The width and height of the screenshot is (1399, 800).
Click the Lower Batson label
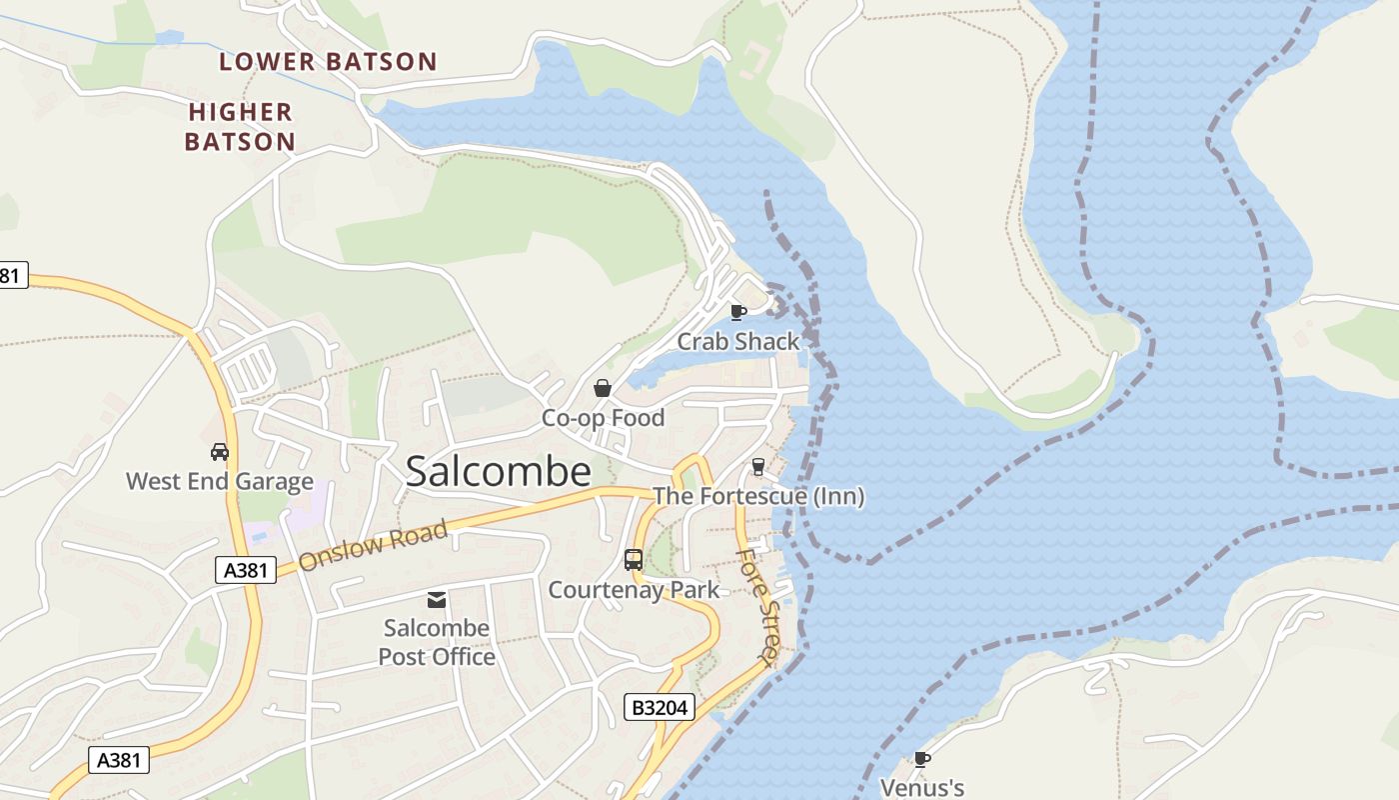328,62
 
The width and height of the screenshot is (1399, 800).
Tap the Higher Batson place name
240,127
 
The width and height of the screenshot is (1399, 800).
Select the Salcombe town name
498,472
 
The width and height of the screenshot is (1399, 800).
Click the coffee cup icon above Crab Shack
738,313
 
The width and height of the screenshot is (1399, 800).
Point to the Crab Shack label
738,342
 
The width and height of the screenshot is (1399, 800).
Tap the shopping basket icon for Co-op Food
603,388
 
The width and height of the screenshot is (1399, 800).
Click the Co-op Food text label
603,418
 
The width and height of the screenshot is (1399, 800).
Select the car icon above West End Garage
220,452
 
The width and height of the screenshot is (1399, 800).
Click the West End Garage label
220,482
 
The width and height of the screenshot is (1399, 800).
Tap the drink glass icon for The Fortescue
757,467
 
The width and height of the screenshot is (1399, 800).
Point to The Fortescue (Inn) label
758,496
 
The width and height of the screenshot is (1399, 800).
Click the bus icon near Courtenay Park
634,560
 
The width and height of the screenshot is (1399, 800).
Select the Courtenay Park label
634,590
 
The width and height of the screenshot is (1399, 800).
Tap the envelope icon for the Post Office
437,600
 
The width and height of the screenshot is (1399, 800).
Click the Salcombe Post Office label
437,642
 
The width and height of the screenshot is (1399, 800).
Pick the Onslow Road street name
373,547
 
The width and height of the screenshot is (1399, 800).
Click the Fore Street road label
755,606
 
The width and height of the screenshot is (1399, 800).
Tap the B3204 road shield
660,708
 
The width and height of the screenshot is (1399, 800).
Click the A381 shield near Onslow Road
246,570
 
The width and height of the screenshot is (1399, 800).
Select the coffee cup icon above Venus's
922,760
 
